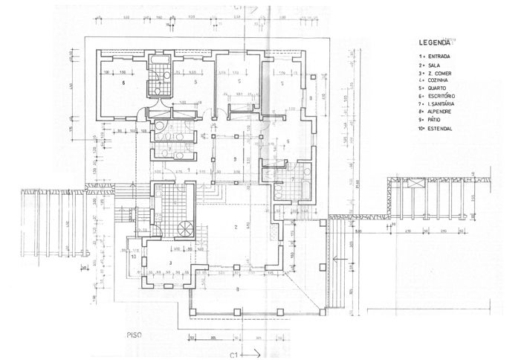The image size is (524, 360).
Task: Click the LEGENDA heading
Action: point(433,43)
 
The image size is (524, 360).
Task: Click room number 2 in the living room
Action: point(235,226)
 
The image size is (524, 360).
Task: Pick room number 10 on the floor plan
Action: point(134,257)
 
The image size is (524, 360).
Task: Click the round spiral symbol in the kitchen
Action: point(184,228)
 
